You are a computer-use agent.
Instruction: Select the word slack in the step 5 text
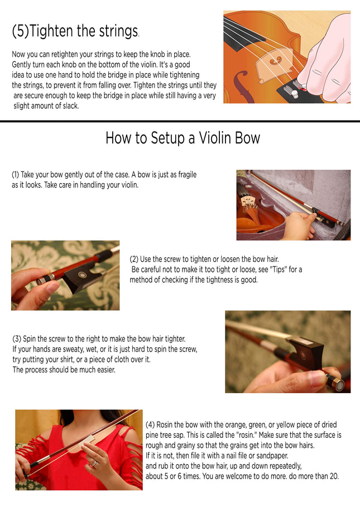(70, 106)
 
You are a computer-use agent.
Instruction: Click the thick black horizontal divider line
(180, 121)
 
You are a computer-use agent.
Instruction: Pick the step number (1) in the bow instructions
(16, 175)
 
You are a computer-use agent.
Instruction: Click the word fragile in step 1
(187, 175)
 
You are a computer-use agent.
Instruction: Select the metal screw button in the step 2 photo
(43, 280)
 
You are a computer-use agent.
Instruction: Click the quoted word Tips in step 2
(279, 270)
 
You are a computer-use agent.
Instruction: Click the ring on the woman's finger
(94, 463)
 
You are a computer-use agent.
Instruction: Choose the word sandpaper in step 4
(272, 456)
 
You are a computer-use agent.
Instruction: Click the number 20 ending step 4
(334, 476)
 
